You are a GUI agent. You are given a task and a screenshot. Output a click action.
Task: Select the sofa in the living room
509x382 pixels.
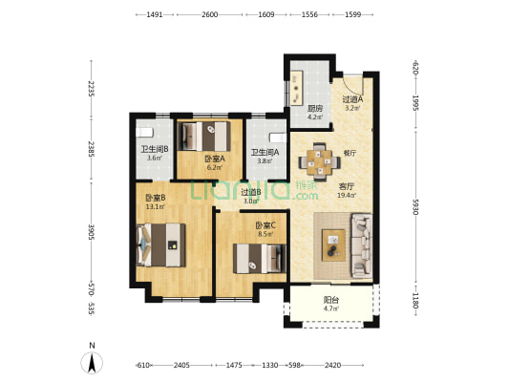point(362,245)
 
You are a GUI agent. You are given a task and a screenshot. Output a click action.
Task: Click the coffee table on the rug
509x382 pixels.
point(333,245)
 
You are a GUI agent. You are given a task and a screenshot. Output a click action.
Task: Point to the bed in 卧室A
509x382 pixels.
point(205,137)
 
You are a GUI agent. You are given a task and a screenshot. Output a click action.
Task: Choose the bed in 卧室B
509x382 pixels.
point(161,244)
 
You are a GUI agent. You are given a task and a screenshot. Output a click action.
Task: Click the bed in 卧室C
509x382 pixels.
point(260,259)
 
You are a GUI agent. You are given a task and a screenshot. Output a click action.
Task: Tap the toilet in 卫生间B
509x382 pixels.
point(144,133)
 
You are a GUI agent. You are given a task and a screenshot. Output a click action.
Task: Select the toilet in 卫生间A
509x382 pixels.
point(278,138)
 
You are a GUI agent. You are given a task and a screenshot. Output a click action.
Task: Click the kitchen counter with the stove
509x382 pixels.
point(297,88)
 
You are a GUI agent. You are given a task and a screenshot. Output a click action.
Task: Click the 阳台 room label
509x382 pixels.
point(330,300)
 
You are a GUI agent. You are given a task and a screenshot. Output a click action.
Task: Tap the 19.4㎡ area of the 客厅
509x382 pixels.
point(347,196)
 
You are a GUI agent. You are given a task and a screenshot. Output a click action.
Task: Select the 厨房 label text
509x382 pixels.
point(315,108)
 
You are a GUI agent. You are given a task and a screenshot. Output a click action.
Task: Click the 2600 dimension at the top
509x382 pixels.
point(210,14)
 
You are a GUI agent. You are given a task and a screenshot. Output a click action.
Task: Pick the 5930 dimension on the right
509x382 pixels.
point(416,206)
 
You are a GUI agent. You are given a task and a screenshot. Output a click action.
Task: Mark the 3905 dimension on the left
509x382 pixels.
point(92,232)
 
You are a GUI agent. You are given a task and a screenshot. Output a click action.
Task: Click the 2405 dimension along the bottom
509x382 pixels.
point(181,366)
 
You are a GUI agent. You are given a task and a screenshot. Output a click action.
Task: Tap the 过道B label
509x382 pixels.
point(251,192)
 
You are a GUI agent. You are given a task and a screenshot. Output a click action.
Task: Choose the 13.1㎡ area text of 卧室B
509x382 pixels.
point(155,206)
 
